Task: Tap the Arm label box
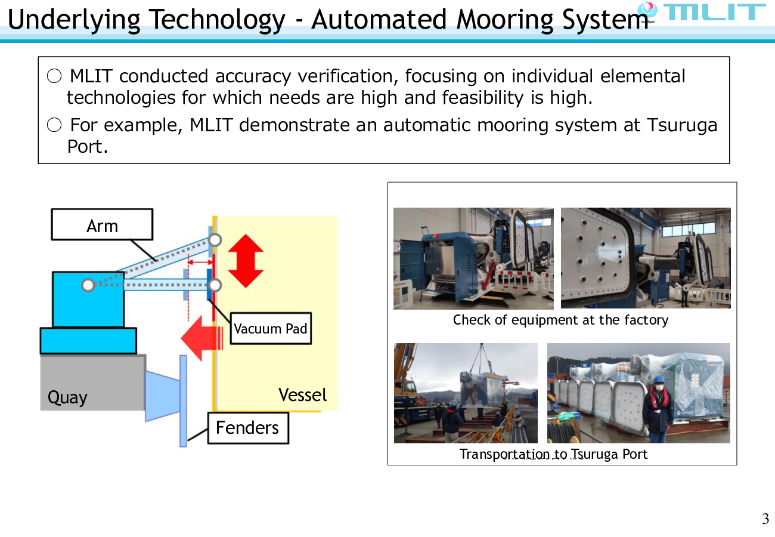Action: click(102, 225)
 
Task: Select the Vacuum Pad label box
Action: click(271, 328)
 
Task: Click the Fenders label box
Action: click(247, 427)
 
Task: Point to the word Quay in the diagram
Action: click(67, 397)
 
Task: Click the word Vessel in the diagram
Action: click(303, 395)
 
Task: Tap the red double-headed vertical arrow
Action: click(245, 261)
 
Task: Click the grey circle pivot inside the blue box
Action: click(88, 285)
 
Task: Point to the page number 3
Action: click(765, 519)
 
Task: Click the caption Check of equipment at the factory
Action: click(560, 320)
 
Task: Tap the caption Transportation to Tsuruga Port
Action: click(553, 454)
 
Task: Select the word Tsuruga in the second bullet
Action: click(682, 125)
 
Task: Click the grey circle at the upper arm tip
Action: click(215, 240)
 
